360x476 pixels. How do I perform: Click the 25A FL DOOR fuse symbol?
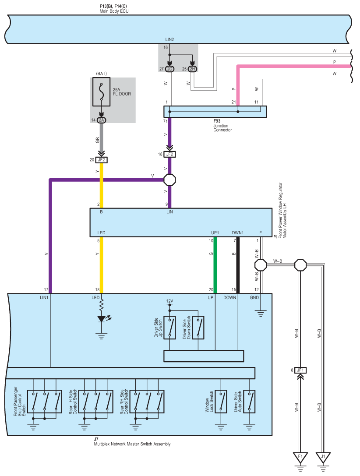coord(101,92)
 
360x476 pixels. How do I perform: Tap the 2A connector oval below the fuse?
coord(101,120)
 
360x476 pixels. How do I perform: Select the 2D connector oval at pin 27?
coord(169,69)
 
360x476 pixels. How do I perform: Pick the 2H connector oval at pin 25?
coord(192,69)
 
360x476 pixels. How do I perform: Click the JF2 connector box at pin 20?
coord(101,160)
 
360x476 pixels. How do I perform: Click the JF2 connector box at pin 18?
coord(169,154)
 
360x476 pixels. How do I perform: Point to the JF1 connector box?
coord(300,370)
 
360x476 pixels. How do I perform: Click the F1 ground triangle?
coord(300,457)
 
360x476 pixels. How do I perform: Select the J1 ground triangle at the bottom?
coord(323,457)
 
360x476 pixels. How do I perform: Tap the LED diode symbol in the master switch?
coord(101,319)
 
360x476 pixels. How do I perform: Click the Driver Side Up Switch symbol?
coord(169,328)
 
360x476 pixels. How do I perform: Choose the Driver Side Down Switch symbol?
coord(198,328)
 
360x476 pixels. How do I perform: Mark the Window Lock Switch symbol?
coord(221,402)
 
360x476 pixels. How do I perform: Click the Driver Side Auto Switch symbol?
coord(249,402)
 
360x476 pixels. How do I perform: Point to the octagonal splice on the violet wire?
coord(169,180)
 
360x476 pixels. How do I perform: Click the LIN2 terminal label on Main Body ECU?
coord(169,39)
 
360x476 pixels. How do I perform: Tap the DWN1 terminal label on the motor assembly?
coord(238,233)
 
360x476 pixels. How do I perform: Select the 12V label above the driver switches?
coord(169,301)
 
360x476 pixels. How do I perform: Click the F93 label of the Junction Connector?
coord(217,121)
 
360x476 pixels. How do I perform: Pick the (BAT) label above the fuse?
coord(101,74)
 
